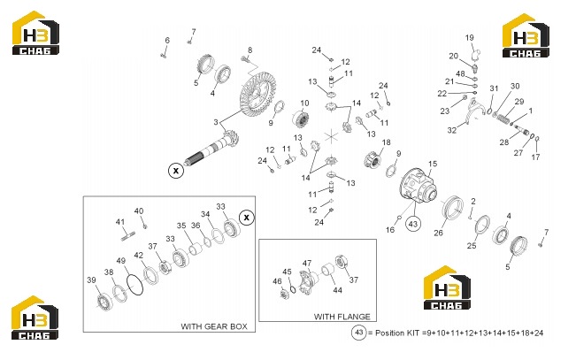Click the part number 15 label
433,164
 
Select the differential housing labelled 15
418,185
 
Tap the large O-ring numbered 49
134,283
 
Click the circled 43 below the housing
413,224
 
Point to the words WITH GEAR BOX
214,326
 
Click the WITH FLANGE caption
342,317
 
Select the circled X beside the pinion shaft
176,171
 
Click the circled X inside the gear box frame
247,218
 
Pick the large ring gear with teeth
257,95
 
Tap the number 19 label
470,37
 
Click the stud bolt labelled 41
128,235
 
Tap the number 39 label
91,280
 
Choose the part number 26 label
438,233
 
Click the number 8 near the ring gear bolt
250,50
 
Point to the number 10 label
304,103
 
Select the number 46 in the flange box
277,281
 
